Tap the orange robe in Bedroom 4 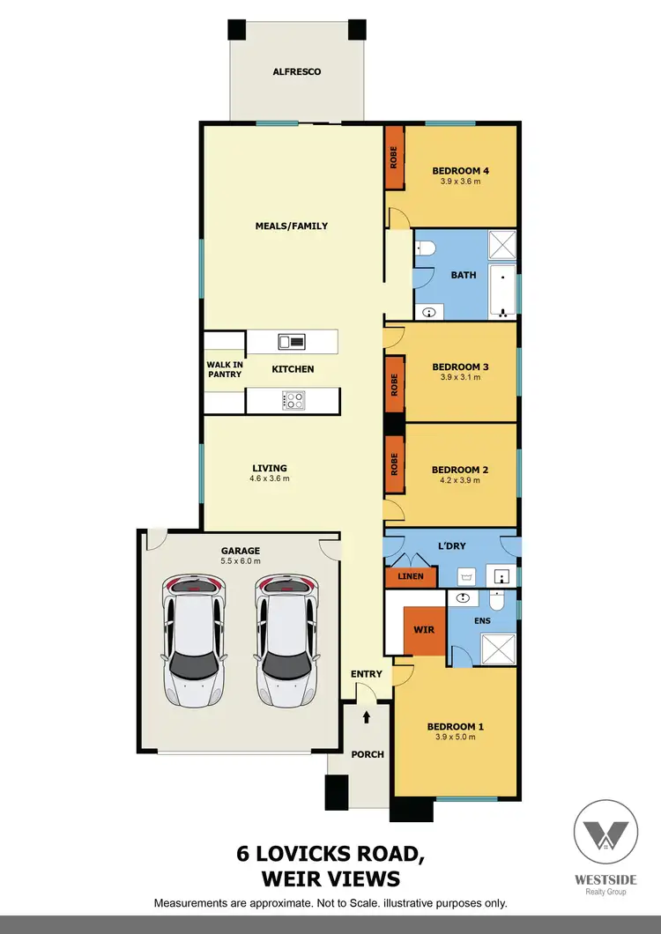(x=394, y=158)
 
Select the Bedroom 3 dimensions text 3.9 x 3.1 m (x=460, y=377)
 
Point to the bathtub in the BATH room (x=504, y=289)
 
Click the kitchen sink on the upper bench (x=291, y=341)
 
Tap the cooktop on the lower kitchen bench (x=293, y=400)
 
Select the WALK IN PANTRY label (x=223, y=369)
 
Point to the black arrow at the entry (x=367, y=718)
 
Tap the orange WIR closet (x=424, y=631)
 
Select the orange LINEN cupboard (x=411, y=577)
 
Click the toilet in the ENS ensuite (x=495, y=603)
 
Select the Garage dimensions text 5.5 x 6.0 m (x=240, y=561)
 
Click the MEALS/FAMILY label (x=291, y=226)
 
